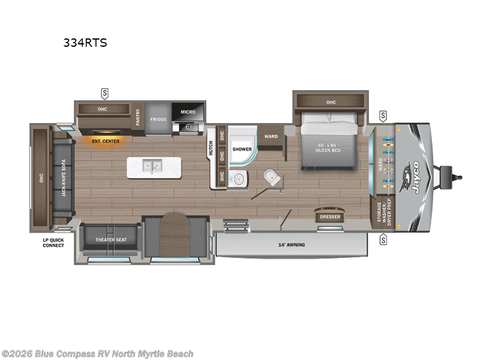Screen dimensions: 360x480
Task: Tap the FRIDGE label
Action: (x=158, y=119)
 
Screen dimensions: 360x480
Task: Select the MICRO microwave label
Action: (x=188, y=112)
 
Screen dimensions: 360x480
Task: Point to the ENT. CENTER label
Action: (x=106, y=142)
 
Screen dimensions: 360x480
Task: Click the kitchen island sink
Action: (x=151, y=165)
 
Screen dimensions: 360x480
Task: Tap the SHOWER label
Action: (x=242, y=149)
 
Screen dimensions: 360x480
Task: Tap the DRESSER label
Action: (x=330, y=217)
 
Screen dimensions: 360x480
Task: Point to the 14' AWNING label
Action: (x=292, y=245)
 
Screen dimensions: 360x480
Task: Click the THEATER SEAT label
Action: (x=112, y=240)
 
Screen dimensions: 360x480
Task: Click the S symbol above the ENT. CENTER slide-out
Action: (x=105, y=93)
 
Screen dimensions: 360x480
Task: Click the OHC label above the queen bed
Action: (x=331, y=103)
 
